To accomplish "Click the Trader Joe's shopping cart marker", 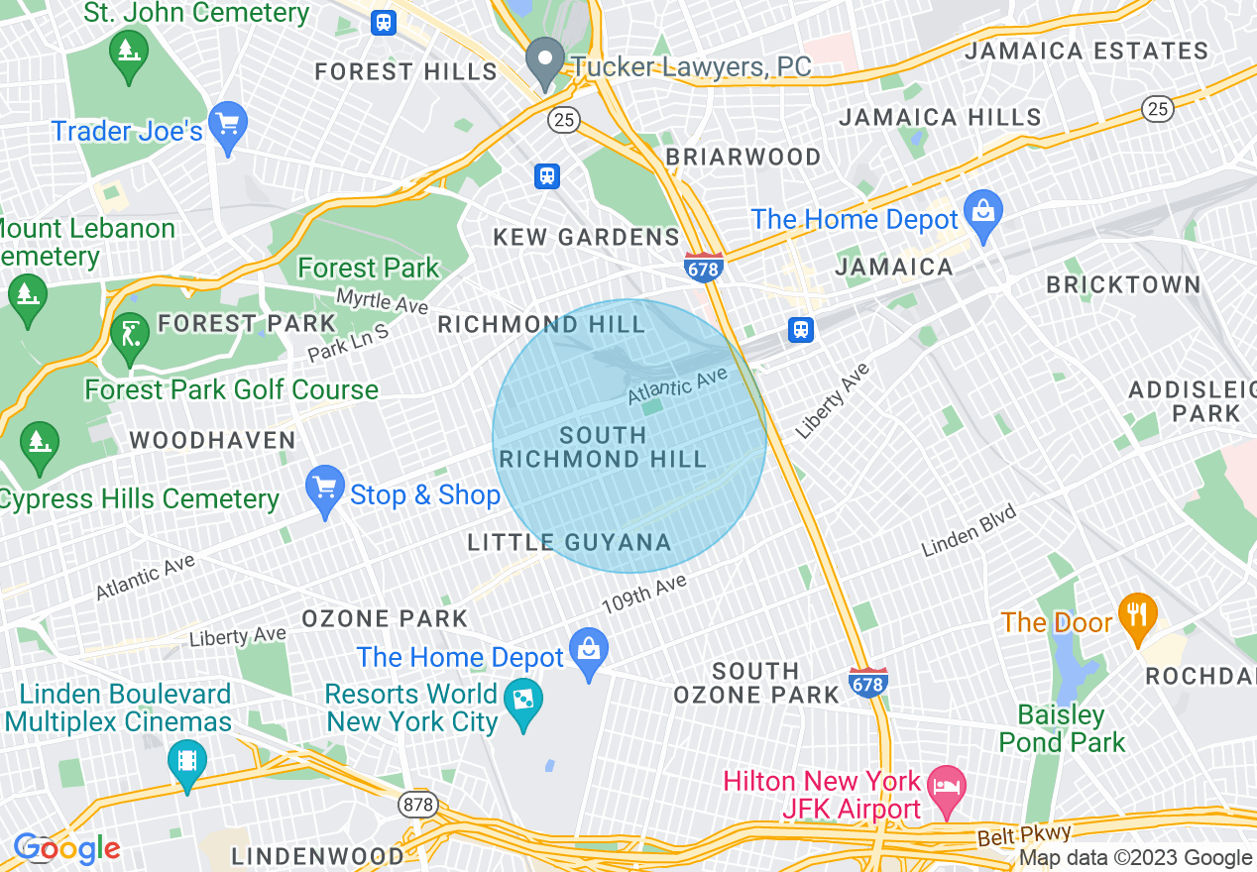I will point(229,126).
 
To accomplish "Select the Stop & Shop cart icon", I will point(325,489).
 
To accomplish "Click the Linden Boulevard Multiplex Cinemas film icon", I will point(186,761).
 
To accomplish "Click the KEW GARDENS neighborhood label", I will point(587,238).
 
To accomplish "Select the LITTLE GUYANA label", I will point(569,542).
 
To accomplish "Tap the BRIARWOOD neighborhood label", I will point(743,158).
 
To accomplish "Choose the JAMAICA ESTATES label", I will point(1086,51).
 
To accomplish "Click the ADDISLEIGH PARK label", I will point(1193,401).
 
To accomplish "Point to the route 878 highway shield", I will point(418,805).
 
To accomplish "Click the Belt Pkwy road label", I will point(1010,836).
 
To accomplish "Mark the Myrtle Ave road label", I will point(382,300).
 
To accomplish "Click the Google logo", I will point(66,848).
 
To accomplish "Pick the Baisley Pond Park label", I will point(1062,728).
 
